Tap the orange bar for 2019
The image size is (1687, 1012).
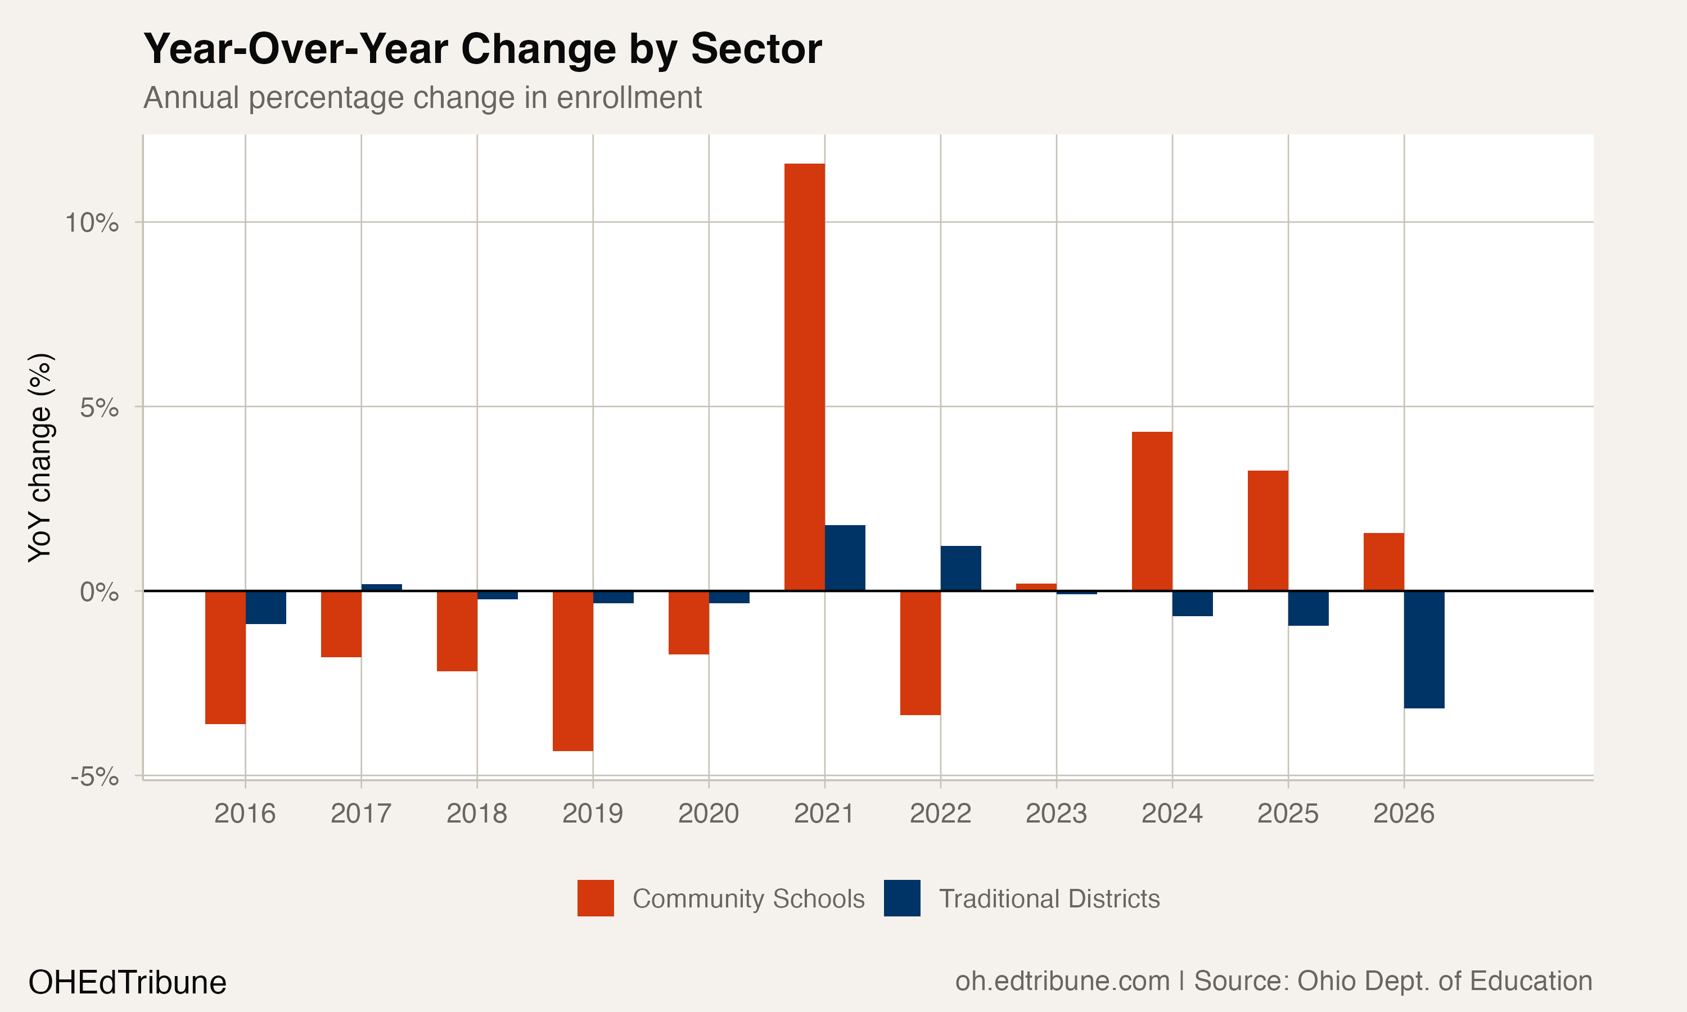573,671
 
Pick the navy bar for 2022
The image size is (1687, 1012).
961,568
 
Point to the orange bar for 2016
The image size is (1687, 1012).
225,657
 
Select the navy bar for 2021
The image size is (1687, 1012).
845,558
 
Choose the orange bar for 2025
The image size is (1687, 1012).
1267,531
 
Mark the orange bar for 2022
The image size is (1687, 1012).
920,653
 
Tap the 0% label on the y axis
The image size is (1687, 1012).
99,591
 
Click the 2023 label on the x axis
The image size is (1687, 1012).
1055,814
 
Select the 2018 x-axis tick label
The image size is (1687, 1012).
477,814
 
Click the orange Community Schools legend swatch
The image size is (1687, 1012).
596,898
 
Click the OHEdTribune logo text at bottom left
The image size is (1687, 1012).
127,982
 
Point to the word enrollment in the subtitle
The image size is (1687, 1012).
629,97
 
